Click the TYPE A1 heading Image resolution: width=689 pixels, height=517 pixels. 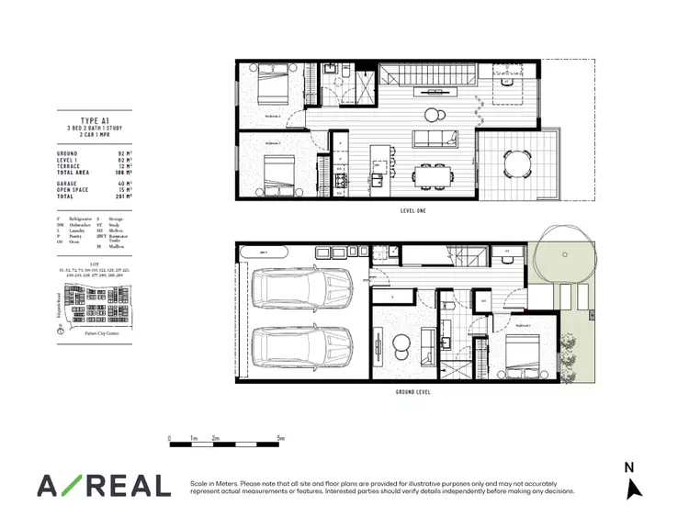(x=95, y=119)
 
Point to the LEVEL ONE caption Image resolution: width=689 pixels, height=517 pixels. (x=412, y=211)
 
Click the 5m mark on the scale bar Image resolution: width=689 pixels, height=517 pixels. (x=279, y=439)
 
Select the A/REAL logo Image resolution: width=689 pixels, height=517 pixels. (x=103, y=485)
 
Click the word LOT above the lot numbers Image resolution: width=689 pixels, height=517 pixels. (x=95, y=263)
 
